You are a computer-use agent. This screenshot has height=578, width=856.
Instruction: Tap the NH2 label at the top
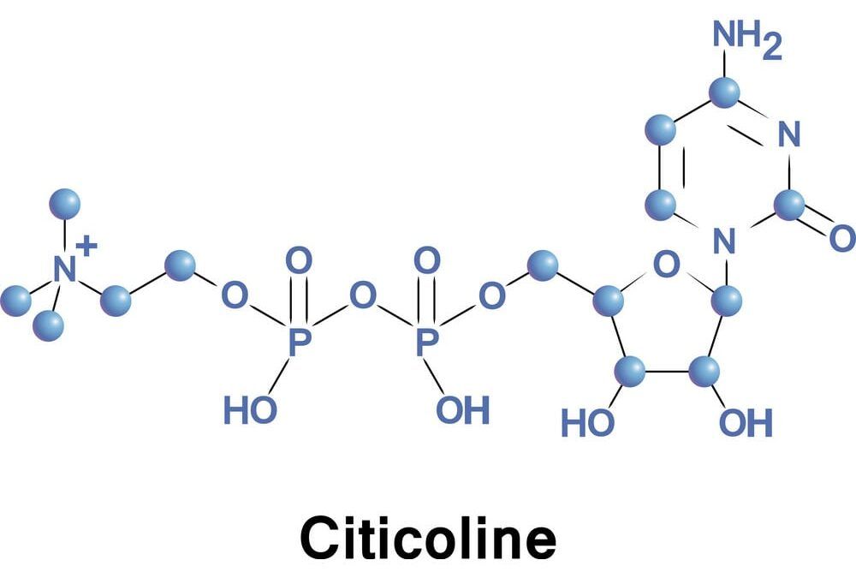[x=746, y=39]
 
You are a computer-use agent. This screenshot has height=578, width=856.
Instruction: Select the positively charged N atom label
[x=65, y=270]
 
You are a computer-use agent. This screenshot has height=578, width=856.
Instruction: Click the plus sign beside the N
[x=86, y=247]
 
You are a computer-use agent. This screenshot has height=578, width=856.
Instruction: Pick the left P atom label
[x=299, y=342]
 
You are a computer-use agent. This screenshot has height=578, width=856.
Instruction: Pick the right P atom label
[x=427, y=342]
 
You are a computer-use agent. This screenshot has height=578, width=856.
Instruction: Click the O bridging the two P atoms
[x=362, y=295]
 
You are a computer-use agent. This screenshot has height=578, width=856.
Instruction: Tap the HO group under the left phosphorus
[x=251, y=409]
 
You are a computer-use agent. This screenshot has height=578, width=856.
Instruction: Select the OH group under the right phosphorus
[x=463, y=409]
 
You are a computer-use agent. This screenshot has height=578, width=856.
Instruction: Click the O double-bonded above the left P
[x=299, y=260]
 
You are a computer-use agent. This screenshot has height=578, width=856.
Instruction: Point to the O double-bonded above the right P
[x=427, y=260]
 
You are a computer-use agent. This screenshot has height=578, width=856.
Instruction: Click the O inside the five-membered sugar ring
[x=667, y=265]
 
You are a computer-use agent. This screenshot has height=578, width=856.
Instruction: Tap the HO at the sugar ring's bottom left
[x=588, y=423]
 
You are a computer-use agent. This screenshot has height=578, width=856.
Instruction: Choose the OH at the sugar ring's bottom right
[x=746, y=422]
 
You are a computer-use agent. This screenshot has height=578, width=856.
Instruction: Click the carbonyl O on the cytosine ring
[x=842, y=238]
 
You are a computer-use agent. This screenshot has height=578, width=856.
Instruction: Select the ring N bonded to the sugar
[x=724, y=241]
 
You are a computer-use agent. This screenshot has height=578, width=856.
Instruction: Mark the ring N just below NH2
[x=789, y=134]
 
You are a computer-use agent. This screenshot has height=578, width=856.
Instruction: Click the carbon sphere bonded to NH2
[x=725, y=92]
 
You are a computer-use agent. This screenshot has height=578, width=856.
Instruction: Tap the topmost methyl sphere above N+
[x=65, y=204]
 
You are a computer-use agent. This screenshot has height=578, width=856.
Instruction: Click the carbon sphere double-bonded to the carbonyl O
[x=789, y=206]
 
